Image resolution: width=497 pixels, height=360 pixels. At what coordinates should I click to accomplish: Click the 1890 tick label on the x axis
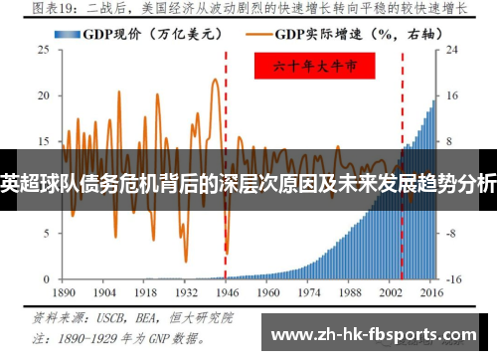63,295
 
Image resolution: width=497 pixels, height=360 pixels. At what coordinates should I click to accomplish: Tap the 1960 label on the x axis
267,295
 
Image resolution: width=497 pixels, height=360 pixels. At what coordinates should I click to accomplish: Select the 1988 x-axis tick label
349,295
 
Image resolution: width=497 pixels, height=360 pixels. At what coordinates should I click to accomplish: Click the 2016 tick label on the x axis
431,295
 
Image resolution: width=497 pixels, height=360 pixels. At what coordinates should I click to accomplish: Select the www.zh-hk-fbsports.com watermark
373,333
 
